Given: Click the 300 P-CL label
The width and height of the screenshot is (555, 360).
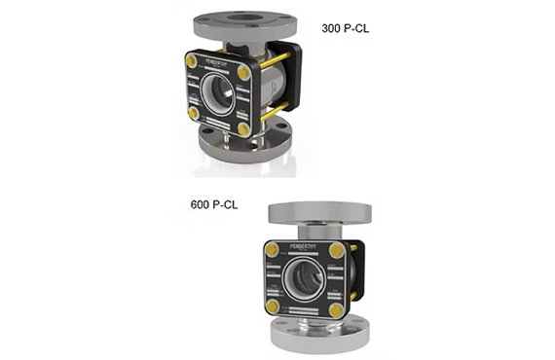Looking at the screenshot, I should point(345,28).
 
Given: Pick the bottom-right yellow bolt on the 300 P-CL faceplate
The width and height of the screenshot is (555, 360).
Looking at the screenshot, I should point(242,128).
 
